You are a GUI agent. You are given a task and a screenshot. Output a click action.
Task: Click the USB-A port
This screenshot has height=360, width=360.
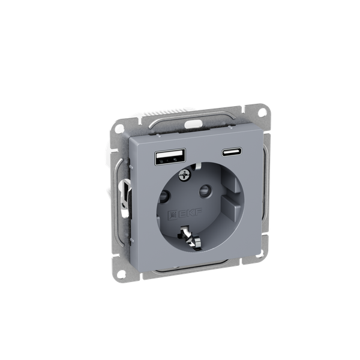[170, 157]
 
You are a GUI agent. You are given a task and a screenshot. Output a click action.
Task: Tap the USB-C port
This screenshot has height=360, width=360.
[232, 152]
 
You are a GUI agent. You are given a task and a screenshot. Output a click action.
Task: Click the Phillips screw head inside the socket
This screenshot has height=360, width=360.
[184, 175]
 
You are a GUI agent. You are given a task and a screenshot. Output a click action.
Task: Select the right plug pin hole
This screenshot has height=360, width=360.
[205, 191]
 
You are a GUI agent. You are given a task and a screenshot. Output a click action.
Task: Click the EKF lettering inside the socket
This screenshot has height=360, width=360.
[190, 213]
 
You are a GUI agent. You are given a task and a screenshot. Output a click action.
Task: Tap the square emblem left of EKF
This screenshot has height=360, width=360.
[172, 215]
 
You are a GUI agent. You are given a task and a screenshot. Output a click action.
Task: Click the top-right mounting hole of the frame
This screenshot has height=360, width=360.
[262, 112]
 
